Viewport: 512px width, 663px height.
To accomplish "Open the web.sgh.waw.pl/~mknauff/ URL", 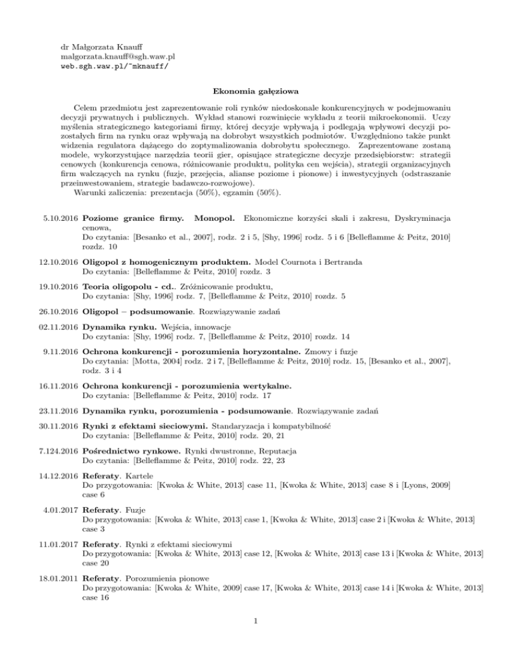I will tap(114, 67).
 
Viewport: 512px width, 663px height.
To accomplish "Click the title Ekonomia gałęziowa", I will tap(255, 91).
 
